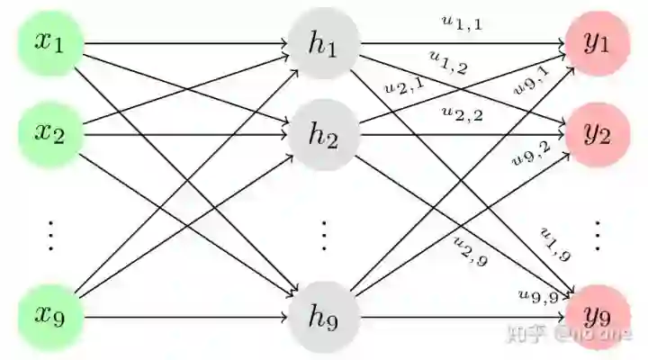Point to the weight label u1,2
point(447,63)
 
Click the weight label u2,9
point(470,252)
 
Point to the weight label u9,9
point(539,294)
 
